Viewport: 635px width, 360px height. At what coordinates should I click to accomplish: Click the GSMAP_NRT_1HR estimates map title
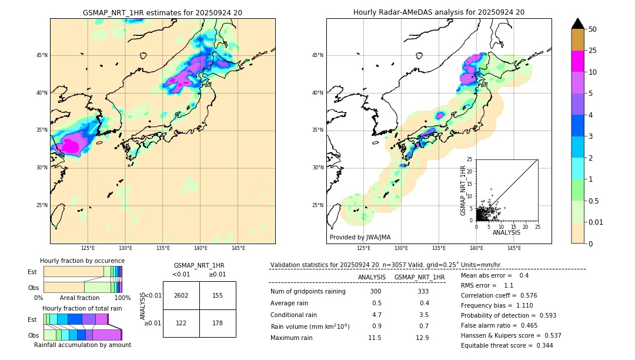click(x=162, y=12)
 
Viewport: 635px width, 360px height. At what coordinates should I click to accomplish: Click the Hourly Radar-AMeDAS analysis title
click(x=439, y=12)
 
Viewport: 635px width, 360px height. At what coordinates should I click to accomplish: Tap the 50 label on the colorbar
click(x=593, y=29)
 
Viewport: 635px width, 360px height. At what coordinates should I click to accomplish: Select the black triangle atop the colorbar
click(x=578, y=24)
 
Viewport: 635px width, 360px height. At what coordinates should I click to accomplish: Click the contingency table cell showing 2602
click(x=181, y=295)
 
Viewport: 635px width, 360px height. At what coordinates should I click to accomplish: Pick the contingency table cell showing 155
click(x=218, y=295)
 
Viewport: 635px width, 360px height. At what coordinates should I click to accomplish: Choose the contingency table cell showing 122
click(x=181, y=323)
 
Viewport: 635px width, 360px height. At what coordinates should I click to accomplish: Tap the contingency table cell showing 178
click(x=218, y=323)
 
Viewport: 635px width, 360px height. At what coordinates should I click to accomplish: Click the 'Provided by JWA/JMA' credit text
click(x=360, y=237)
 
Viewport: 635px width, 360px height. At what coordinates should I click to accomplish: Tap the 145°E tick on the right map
click(x=514, y=248)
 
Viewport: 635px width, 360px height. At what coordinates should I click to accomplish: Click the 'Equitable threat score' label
click(x=497, y=345)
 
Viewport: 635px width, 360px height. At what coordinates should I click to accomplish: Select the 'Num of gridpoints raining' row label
click(x=308, y=292)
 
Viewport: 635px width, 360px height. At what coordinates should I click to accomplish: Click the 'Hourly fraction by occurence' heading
click(x=82, y=261)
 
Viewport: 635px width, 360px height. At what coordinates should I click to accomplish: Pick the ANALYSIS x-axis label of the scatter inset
click(x=507, y=232)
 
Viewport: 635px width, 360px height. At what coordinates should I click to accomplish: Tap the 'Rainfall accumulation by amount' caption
click(x=82, y=345)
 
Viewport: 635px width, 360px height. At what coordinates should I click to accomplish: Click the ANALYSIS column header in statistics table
click(x=372, y=277)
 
